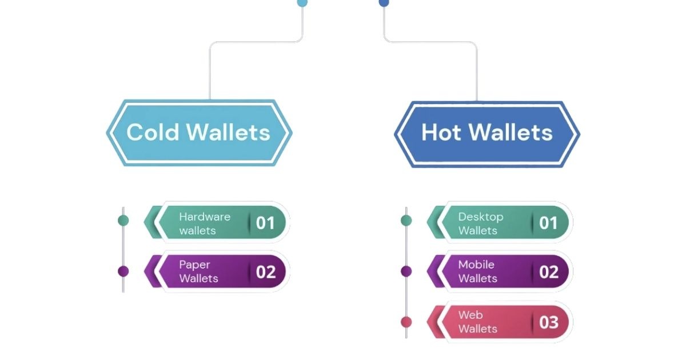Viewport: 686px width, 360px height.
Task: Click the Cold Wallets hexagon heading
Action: (198, 133)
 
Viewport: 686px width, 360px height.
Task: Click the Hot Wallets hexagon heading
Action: (486, 133)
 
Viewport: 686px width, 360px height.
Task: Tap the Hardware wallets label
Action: (204, 223)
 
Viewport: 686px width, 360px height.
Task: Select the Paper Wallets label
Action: (198, 271)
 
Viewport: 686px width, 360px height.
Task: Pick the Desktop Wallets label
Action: (480, 223)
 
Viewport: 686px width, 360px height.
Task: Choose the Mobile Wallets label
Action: (477, 271)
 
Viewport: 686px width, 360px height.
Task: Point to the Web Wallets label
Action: (477, 322)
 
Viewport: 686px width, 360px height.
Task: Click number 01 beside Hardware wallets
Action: (265, 223)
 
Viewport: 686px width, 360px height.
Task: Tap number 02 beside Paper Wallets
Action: (266, 272)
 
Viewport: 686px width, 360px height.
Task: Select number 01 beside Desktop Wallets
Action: (548, 223)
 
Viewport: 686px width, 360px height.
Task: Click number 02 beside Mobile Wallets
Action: (549, 272)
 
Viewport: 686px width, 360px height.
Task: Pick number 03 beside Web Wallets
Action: (549, 322)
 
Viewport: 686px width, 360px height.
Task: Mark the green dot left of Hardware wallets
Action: (123, 220)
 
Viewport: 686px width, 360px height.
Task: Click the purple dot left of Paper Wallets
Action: (123, 271)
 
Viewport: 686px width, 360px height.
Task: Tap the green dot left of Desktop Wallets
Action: (406, 220)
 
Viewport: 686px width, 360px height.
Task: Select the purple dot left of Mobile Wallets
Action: (406, 271)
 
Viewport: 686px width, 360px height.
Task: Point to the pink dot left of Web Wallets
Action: (406, 322)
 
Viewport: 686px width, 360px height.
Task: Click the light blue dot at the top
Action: (302, 2)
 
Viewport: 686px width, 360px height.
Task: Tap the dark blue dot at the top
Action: (384, 2)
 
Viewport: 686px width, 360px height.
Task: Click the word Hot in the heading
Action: (441, 133)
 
